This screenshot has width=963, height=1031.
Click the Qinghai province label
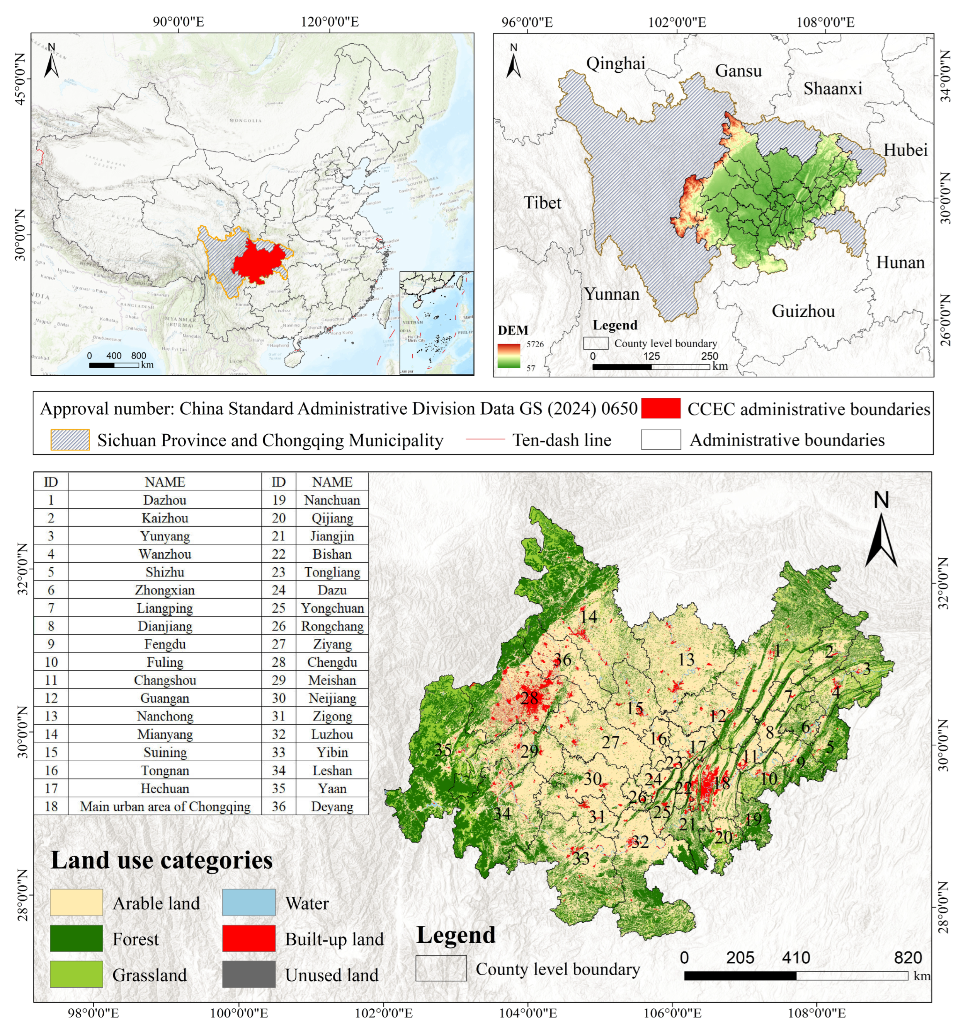(x=615, y=63)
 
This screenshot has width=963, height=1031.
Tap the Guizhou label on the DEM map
(x=803, y=311)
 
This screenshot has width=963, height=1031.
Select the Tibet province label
(x=542, y=202)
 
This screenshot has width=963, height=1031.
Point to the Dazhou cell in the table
(x=165, y=500)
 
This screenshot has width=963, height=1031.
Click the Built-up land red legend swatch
(x=249, y=939)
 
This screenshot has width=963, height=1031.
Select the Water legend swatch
(x=249, y=903)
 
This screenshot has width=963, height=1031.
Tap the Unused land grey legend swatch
(x=249, y=975)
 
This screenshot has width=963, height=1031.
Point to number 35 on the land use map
(x=443, y=750)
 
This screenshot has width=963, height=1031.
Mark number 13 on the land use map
(x=686, y=660)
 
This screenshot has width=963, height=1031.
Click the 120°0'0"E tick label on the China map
(x=330, y=22)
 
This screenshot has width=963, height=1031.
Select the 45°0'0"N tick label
(x=19, y=79)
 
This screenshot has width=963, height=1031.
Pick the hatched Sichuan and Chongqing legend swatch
(x=70, y=440)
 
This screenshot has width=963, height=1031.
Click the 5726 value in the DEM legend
(x=535, y=344)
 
